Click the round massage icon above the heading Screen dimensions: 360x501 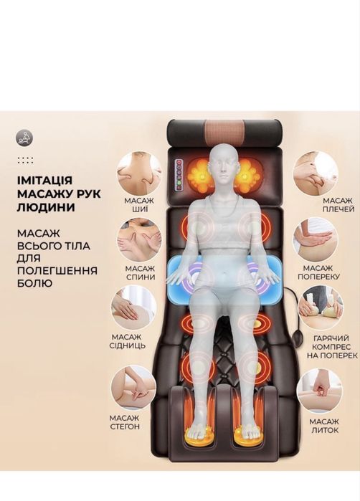pos(24,138)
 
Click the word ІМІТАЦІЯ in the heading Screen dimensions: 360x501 pos(44,180)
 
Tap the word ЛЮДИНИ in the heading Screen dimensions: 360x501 pos(46,207)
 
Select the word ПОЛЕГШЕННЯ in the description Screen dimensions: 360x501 pos(57,271)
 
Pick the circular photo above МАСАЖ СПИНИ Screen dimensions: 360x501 pos(140,239)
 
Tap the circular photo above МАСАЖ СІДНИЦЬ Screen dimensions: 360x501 pos(133,308)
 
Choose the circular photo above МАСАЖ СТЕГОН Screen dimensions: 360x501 pos(133,388)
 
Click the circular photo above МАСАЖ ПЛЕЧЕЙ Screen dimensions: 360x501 pos(316,173)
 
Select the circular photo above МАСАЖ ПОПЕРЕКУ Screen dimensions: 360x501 pos(316,239)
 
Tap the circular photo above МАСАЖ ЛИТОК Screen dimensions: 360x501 pos(318,391)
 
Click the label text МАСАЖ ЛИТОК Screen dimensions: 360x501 pos(324,426)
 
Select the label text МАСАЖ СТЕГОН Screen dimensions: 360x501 pos(125,422)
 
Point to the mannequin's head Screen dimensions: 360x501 pos(225,163)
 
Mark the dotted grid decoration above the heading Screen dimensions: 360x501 pos(26,161)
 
